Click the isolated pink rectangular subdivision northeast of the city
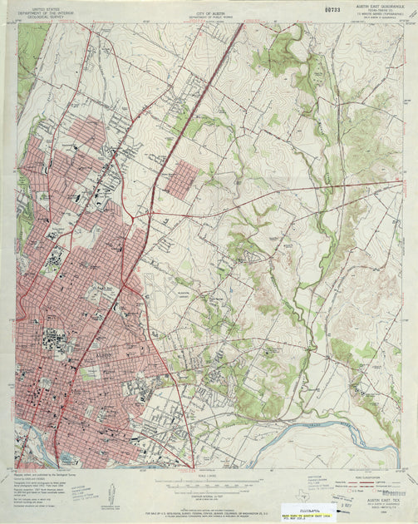(x=181, y=180)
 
